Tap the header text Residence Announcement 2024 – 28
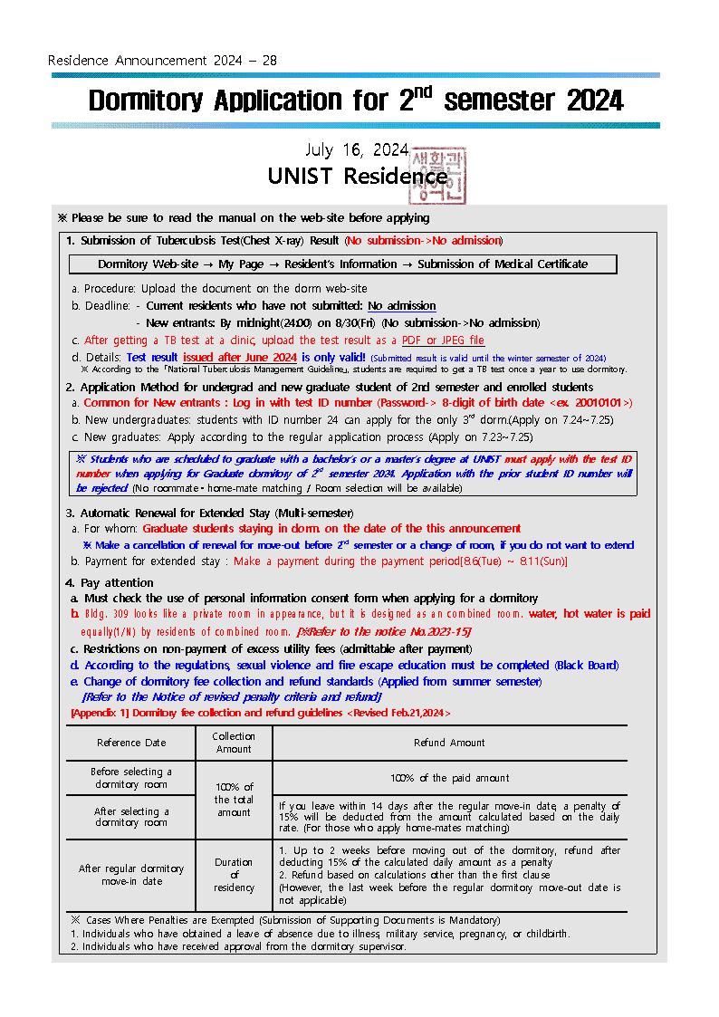pyautogui.click(x=162, y=61)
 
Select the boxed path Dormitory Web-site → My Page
pyautogui.click(x=343, y=264)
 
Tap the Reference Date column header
pyautogui.click(x=131, y=743)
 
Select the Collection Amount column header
pyautogui.click(x=234, y=743)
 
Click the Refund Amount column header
pyautogui.click(x=449, y=743)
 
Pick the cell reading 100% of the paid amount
pyautogui.click(x=449, y=778)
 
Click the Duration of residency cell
pyautogui.click(x=234, y=875)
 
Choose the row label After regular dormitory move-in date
pyautogui.click(x=131, y=875)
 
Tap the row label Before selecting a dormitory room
pyautogui.click(x=131, y=778)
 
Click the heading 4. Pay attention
pyautogui.click(x=110, y=582)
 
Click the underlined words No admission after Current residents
pyautogui.click(x=401, y=306)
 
